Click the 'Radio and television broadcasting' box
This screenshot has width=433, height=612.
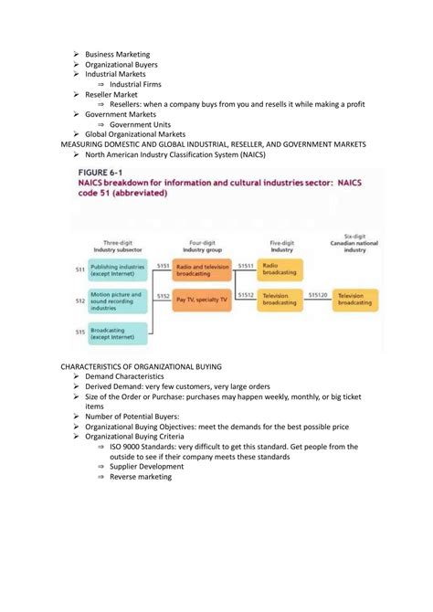pyautogui.click(x=202, y=269)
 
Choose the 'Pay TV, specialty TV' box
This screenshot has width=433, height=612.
pyautogui.click(x=202, y=299)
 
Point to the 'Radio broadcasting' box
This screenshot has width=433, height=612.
pyautogui.click(x=280, y=269)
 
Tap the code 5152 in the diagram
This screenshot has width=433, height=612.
pyautogui.click(x=163, y=294)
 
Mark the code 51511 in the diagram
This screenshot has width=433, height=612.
pyautogui.click(x=246, y=265)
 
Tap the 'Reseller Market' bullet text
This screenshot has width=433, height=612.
pyautogui.click(x=111, y=94)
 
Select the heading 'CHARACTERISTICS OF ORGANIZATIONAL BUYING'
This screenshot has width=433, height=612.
pyautogui.click(x=148, y=364)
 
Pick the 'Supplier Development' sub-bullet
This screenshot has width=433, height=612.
pyautogui.click(x=146, y=466)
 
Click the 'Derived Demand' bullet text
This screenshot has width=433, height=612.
pyautogui.click(x=112, y=386)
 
